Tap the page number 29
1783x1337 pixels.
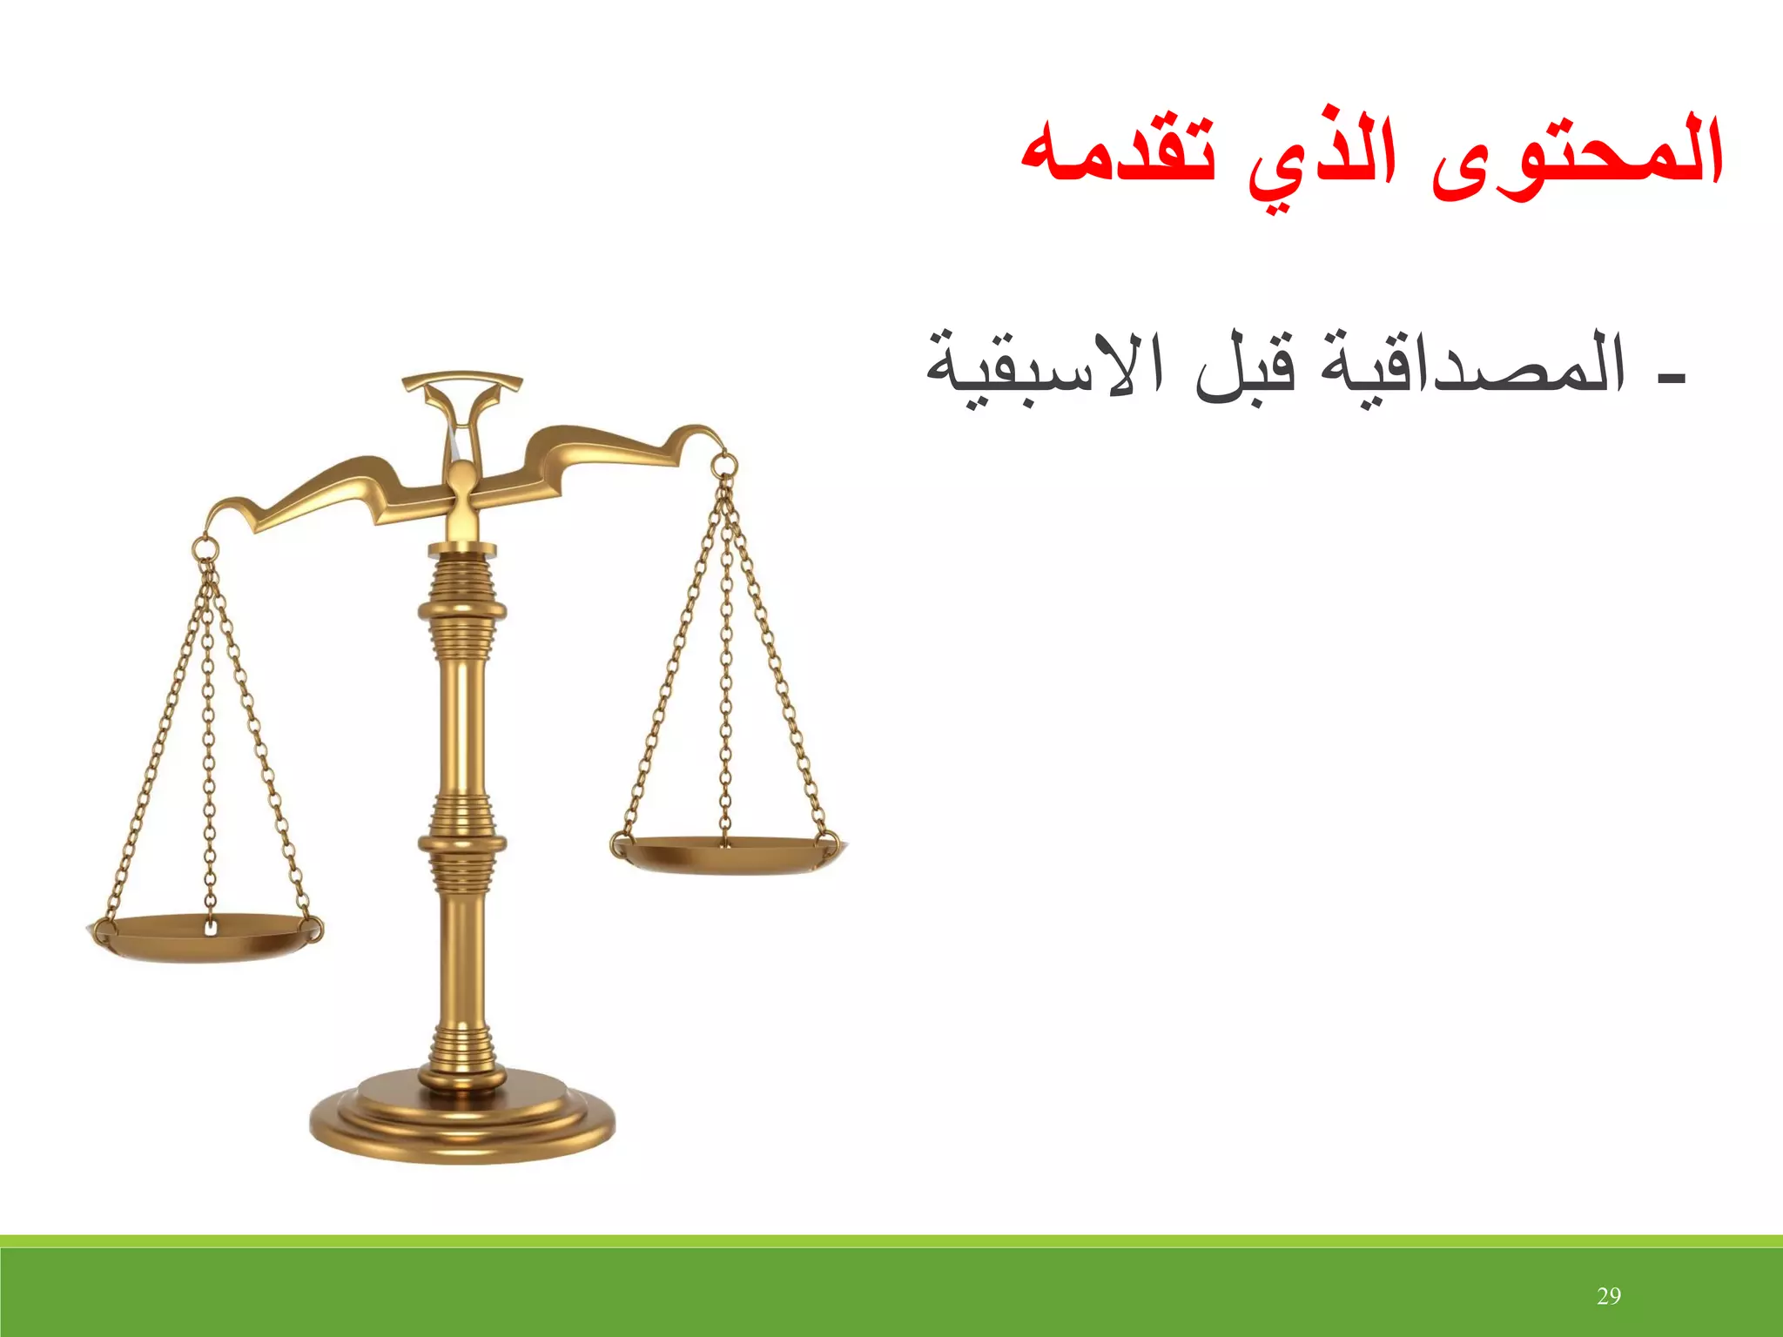tap(1609, 1296)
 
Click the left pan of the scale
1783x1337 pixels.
tap(205, 937)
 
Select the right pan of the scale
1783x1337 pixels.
tap(728, 853)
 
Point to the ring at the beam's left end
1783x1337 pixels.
tap(205, 549)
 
